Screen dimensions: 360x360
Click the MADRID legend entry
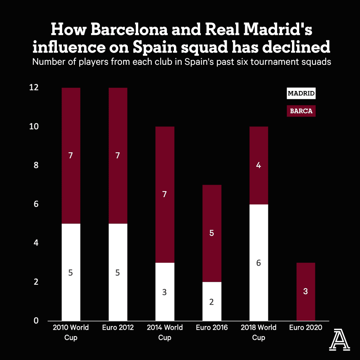point(301,94)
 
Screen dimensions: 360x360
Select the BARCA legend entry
point(301,111)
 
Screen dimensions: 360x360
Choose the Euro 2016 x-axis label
point(212,328)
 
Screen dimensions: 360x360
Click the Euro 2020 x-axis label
point(305,328)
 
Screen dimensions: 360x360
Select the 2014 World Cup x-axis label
point(165,332)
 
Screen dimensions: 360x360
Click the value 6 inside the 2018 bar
point(258,263)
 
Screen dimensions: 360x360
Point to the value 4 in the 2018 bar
point(258,166)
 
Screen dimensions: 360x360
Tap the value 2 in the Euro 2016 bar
point(212,302)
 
